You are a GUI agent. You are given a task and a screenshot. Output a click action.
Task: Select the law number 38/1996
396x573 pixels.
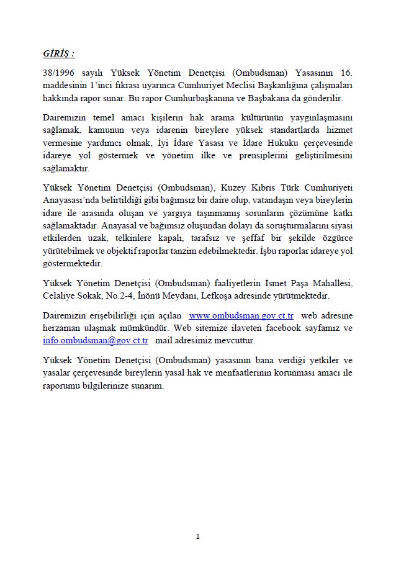click(x=59, y=71)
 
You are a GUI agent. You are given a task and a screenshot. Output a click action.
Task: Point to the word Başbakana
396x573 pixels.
click(x=277, y=99)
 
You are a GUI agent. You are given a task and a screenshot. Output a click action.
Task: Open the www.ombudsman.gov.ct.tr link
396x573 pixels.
click(x=241, y=316)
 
